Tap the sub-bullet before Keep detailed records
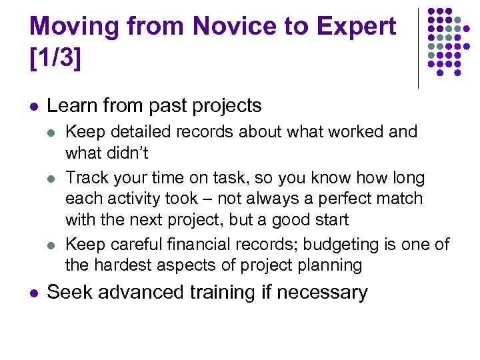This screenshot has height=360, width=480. [x=54, y=132]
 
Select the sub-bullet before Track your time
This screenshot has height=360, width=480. [x=54, y=178]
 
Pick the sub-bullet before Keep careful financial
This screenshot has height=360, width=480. [x=54, y=245]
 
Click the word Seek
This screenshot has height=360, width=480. [x=70, y=292]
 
